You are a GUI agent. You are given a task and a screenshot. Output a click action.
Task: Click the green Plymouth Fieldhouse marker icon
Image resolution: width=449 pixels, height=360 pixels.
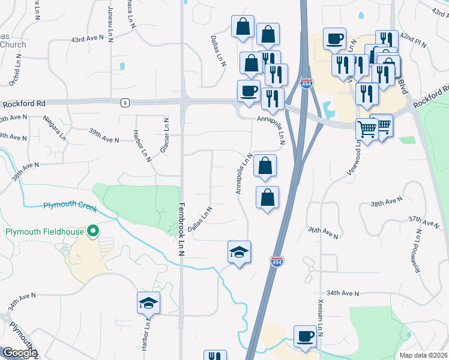tap(92, 231)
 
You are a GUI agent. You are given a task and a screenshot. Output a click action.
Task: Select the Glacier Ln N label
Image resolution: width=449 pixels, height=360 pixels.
tap(164, 134)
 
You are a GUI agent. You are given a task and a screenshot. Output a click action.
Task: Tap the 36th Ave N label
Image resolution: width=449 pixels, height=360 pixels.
tap(324, 230)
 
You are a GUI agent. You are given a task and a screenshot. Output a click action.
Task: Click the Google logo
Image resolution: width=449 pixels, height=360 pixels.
tap(19, 353)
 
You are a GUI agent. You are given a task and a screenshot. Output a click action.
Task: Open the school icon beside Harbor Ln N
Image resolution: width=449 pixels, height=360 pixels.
tap(148, 303)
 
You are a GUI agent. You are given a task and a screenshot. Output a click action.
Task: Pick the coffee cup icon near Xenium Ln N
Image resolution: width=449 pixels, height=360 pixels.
tap(304, 335)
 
